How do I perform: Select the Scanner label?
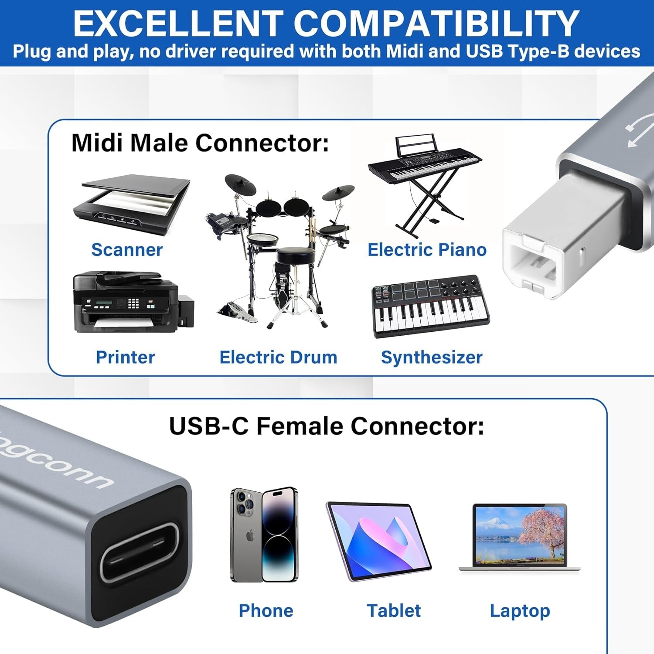coord(127,250)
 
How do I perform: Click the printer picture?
coord(131,302)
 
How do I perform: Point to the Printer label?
coord(125,357)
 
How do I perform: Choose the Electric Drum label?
coord(278,357)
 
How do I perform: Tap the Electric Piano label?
coord(427,250)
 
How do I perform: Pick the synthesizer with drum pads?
coord(430,305)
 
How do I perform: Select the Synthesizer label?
coord(432,357)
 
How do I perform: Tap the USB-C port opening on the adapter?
coord(140,552)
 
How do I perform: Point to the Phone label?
coord(266,610)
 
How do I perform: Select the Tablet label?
coord(394,610)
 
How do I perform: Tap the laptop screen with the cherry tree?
coord(519,535)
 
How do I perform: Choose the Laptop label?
coord(520,610)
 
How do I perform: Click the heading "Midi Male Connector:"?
coord(200,143)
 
